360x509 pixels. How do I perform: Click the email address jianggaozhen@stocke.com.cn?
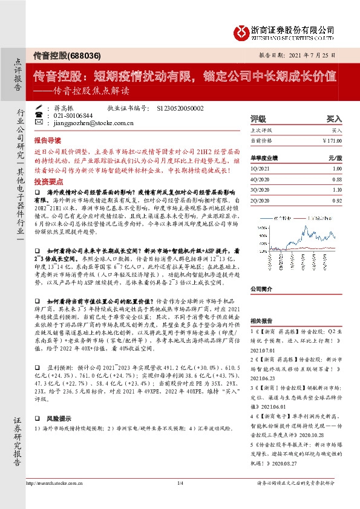point(93,122)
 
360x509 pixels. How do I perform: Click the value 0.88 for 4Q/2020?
point(337,178)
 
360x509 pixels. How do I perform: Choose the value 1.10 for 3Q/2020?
point(337,189)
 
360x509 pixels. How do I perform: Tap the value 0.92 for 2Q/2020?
point(337,199)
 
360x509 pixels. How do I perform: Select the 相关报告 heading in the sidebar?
point(261,322)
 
